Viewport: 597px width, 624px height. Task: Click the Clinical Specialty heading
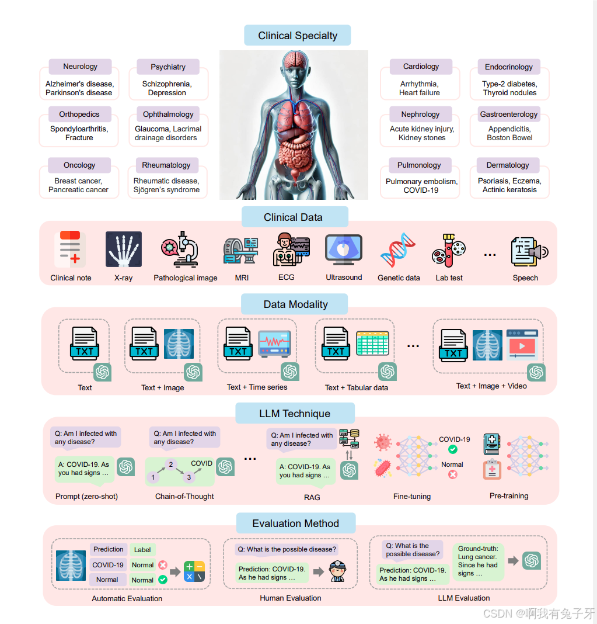[x=298, y=36]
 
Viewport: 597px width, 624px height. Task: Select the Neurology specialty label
[x=80, y=67]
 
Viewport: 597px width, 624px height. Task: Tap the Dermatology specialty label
[x=507, y=165]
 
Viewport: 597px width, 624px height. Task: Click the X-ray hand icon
[x=124, y=249]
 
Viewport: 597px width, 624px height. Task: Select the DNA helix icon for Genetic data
[x=398, y=249]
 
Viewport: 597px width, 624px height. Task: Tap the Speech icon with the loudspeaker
[x=529, y=251]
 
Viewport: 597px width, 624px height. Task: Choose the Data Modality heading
[x=295, y=304]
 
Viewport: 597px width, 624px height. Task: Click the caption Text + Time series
[x=257, y=387]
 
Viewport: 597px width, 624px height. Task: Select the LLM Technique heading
[x=295, y=414]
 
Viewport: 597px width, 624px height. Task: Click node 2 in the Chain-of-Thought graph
[x=170, y=464]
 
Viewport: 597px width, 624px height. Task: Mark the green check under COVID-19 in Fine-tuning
[x=452, y=449]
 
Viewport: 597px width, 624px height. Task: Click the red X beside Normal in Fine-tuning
[x=452, y=474]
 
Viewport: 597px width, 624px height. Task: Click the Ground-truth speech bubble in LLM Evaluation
[x=478, y=561]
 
